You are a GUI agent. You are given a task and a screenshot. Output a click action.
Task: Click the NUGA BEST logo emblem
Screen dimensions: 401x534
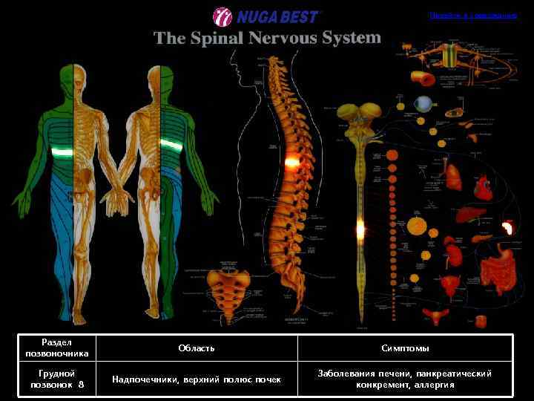[x=222, y=16]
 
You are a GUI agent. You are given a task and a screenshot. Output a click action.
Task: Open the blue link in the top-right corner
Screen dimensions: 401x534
[x=472, y=16]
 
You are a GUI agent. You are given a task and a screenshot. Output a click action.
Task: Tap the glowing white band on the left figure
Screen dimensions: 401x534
[x=62, y=152]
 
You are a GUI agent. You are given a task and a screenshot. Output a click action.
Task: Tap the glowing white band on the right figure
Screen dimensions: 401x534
[x=172, y=146]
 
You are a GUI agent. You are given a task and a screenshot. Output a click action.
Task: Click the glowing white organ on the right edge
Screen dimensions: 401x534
[x=509, y=228]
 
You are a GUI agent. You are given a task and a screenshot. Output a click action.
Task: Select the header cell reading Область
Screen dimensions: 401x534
[x=197, y=348]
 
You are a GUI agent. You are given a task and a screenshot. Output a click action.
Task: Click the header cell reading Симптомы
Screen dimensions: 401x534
[x=405, y=348]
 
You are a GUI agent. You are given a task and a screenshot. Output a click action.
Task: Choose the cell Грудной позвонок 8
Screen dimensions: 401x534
[x=56, y=379]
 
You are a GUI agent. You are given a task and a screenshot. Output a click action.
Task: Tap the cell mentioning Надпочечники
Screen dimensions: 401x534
[x=197, y=379]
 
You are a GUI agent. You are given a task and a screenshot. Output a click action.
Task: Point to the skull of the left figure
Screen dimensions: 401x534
[x=82, y=76]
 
